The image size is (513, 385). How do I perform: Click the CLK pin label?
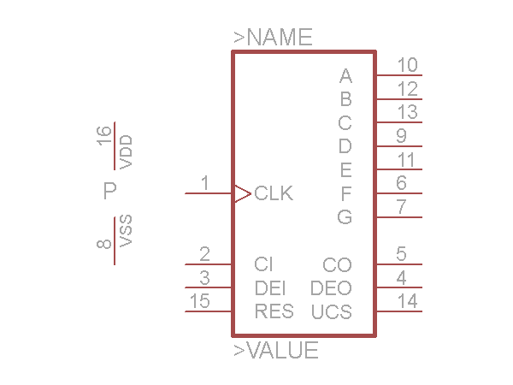coord(274,193)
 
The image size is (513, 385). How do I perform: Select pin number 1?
coord(204,182)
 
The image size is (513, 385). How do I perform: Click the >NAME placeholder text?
coord(273,38)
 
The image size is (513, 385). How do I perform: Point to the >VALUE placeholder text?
coord(276,351)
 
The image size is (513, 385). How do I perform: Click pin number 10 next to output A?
coord(407,65)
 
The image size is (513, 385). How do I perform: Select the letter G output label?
coord(345,217)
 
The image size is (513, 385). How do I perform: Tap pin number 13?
coord(407,112)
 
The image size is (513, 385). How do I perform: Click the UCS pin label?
coord(332,312)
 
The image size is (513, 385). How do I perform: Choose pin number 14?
coord(407,300)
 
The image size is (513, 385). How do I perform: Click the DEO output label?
coord(331,288)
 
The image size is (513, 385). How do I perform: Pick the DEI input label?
coord(270,288)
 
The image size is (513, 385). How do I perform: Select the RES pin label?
coord(274,311)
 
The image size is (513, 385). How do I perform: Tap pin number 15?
coord(199,300)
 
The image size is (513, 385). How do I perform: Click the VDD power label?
coord(126,151)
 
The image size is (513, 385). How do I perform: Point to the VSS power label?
coord(126,231)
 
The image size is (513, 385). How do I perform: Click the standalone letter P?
coord(109,191)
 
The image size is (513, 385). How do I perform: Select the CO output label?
coord(337,265)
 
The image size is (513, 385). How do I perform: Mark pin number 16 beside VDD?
coord(104,135)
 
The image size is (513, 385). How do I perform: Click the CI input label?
coord(263,264)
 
